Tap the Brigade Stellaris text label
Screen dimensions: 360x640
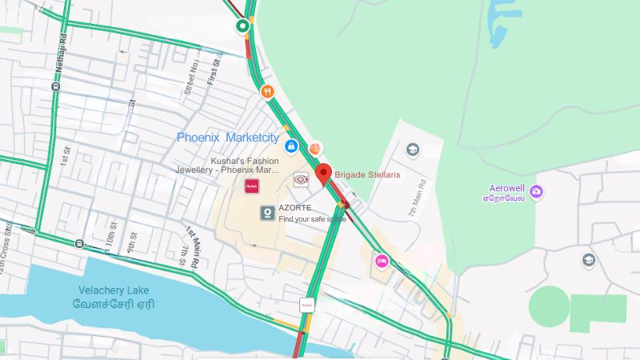click(367, 174)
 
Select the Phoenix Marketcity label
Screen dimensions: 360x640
click(227, 138)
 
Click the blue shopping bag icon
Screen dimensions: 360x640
click(292, 146)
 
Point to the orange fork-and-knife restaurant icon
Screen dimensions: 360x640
click(267, 92)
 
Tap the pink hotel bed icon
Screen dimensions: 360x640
click(382, 260)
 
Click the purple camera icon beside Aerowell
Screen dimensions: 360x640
click(536, 190)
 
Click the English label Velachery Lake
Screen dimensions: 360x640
click(114, 290)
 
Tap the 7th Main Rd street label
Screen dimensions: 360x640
click(414, 195)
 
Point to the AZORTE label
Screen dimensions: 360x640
click(295, 208)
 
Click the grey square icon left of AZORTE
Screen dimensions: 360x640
click(266, 213)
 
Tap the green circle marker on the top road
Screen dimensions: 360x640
click(243, 27)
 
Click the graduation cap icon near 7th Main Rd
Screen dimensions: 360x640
click(413, 150)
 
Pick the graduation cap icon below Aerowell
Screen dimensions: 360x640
click(589, 260)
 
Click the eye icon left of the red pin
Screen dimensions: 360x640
click(301, 181)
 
